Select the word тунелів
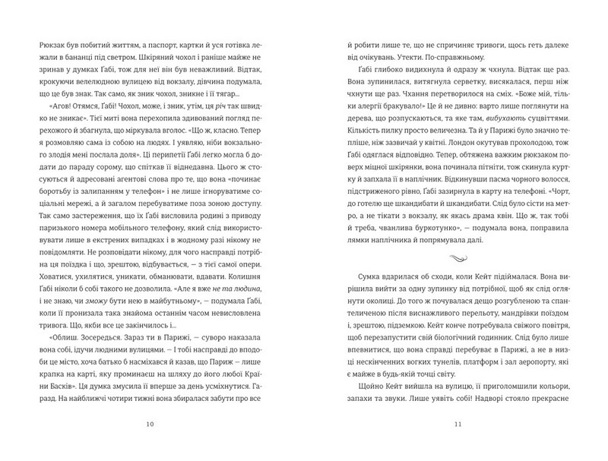click(422, 349)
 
